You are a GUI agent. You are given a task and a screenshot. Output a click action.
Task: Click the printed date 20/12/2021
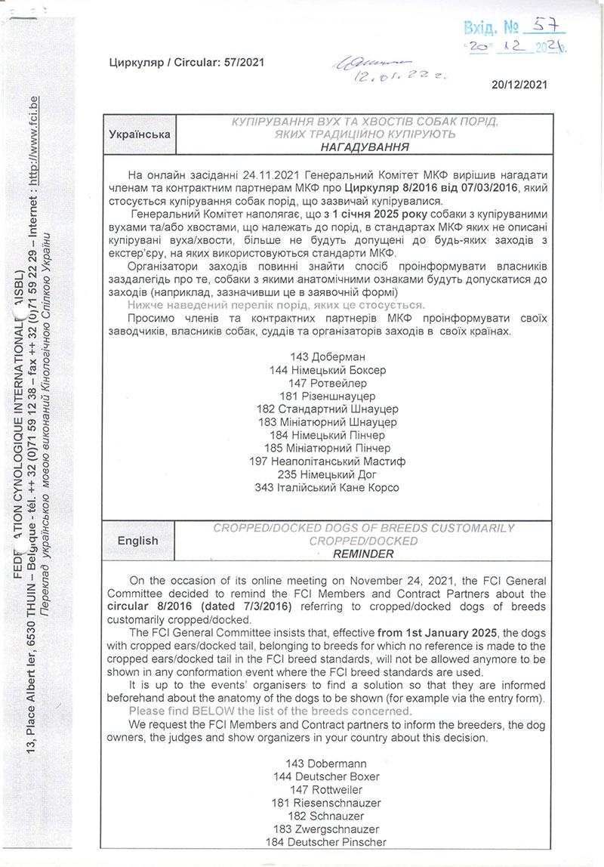tap(518, 85)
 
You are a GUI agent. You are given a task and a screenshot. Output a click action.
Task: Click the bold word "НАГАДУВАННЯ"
tap(365, 147)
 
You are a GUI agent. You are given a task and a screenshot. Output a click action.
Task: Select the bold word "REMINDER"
tap(365, 554)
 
